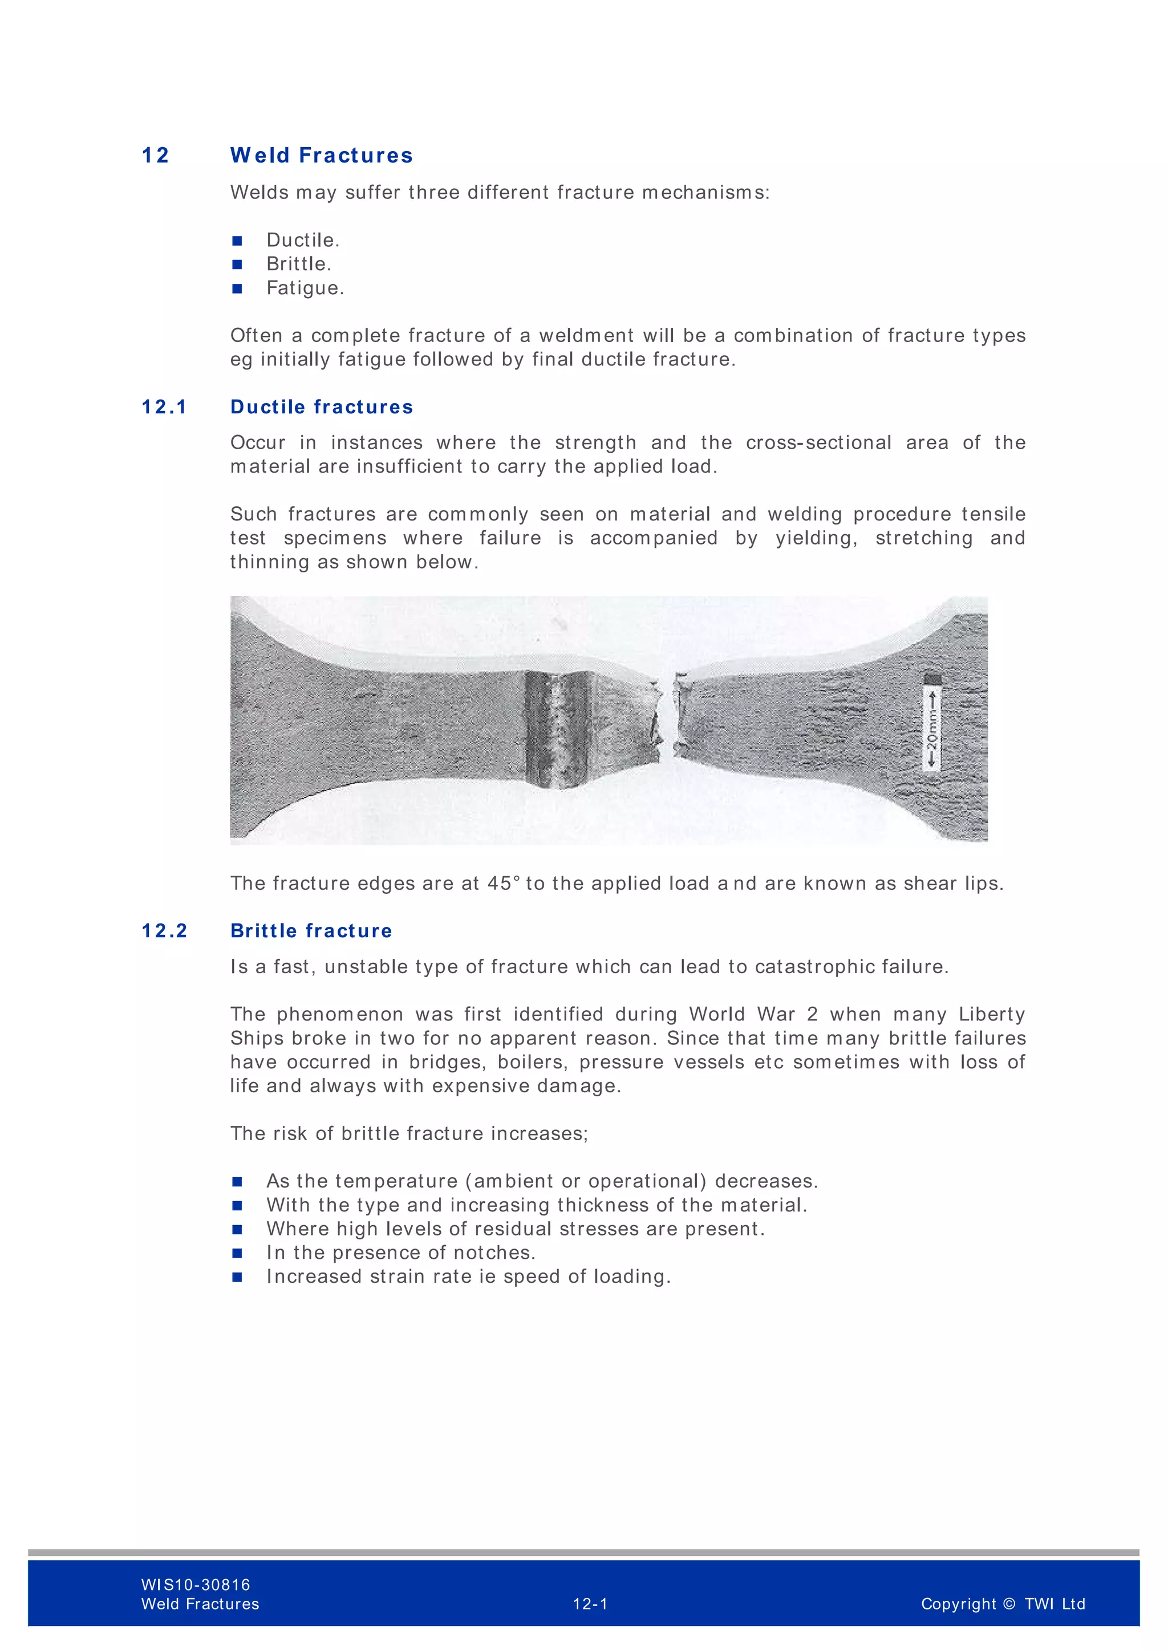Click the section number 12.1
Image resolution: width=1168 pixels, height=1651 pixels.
click(x=164, y=407)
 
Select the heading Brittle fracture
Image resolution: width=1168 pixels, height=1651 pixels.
click(x=311, y=930)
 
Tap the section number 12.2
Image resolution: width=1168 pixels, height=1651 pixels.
click(x=164, y=930)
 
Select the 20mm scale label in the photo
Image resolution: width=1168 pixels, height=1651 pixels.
click(x=932, y=729)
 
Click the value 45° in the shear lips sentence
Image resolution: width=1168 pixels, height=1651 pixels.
click(x=504, y=883)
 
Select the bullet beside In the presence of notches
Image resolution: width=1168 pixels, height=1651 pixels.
click(x=237, y=1253)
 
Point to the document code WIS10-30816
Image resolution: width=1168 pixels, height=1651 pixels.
click(x=196, y=1585)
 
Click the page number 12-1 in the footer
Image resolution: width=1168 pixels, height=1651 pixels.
click(x=590, y=1604)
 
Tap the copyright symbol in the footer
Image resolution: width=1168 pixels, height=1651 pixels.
click(x=1008, y=1604)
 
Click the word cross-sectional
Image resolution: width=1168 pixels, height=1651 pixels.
click(x=818, y=442)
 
